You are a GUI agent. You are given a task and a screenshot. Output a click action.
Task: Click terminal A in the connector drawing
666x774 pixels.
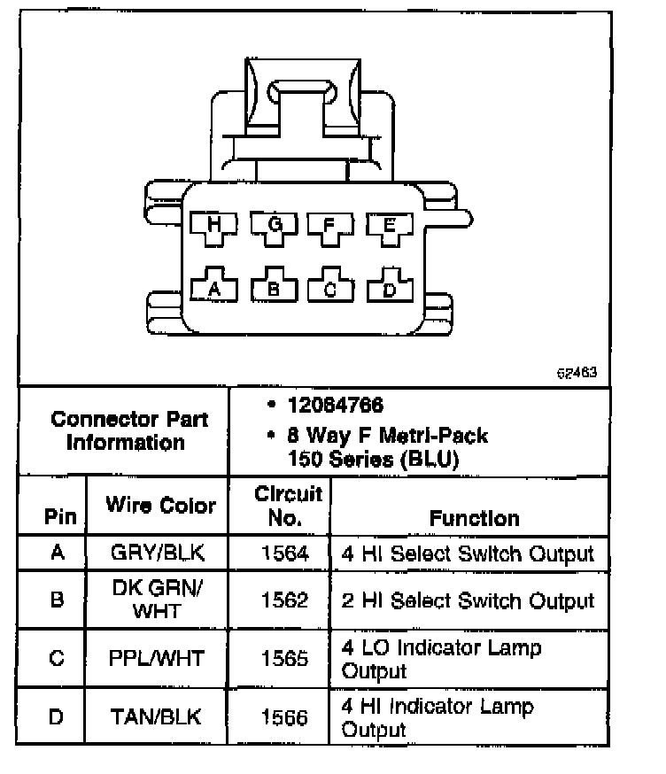(213, 288)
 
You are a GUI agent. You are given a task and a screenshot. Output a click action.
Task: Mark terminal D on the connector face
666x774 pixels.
(387, 288)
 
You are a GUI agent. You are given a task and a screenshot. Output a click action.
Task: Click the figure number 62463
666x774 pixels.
(576, 373)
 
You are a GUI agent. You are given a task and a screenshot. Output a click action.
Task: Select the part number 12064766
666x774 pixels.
(335, 406)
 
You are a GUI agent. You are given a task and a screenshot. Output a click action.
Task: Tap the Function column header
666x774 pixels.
(474, 518)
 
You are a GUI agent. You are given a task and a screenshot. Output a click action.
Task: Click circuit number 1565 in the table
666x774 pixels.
(284, 658)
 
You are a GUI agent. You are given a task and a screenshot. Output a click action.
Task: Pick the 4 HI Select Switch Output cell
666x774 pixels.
(468, 553)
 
